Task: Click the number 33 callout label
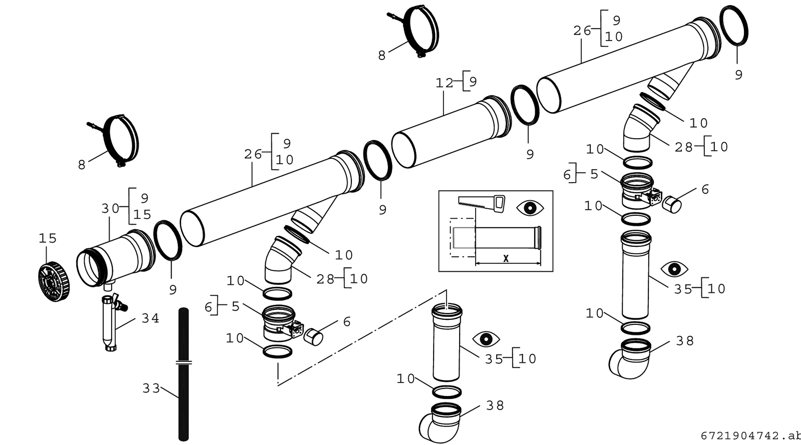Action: point(151,388)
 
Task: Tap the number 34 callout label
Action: point(150,318)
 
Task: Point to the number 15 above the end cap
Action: point(48,238)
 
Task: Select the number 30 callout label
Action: point(110,208)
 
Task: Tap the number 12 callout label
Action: point(444,83)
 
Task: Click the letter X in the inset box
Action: point(506,259)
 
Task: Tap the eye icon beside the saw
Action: point(530,208)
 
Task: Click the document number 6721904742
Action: point(740,436)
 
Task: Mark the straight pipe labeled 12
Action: point(451,132)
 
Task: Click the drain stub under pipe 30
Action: point(109,286)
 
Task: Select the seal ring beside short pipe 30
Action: point(168,240)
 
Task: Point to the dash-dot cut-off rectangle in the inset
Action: point(463,237)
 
